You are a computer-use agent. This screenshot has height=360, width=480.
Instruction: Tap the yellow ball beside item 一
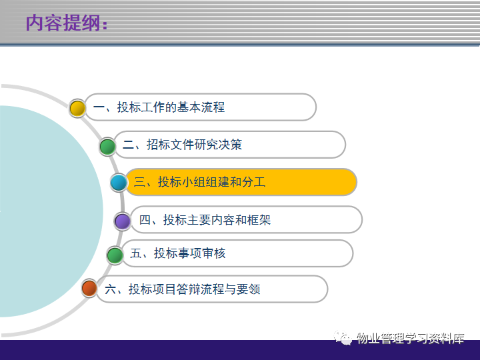(77, 108)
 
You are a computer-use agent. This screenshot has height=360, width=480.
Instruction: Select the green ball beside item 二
(107, 146)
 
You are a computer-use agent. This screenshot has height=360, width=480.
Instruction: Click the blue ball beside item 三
(119, 183)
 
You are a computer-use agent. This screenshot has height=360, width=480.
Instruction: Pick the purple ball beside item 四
(123, 221)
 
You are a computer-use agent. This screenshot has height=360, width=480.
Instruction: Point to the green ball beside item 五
(115, 255)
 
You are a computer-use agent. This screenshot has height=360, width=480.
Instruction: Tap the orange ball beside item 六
(89, 288)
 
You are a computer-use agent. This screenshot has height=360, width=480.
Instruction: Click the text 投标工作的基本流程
(171, 107)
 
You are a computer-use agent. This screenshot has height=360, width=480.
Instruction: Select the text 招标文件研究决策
(195, 145)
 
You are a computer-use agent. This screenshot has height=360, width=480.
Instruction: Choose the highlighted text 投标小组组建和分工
(211, 182)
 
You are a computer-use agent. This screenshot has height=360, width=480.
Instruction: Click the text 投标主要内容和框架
(217, 220)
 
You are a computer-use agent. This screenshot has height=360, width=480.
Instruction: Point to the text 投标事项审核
(190, 253)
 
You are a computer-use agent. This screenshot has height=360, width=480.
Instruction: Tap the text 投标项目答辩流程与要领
(195, 289)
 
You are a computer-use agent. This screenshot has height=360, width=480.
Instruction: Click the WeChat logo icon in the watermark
(343, 338)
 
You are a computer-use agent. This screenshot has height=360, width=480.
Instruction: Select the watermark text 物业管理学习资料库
(411, 338)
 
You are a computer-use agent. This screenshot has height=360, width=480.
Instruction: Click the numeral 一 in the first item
(99, 107)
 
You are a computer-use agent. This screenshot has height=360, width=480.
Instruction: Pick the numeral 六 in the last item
(110, 289)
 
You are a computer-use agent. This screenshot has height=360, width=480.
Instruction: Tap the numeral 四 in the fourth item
(145, 220)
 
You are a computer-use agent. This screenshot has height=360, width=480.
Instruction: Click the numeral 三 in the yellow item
(139, 182)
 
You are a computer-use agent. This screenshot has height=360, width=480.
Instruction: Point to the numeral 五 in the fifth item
(135, 253)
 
